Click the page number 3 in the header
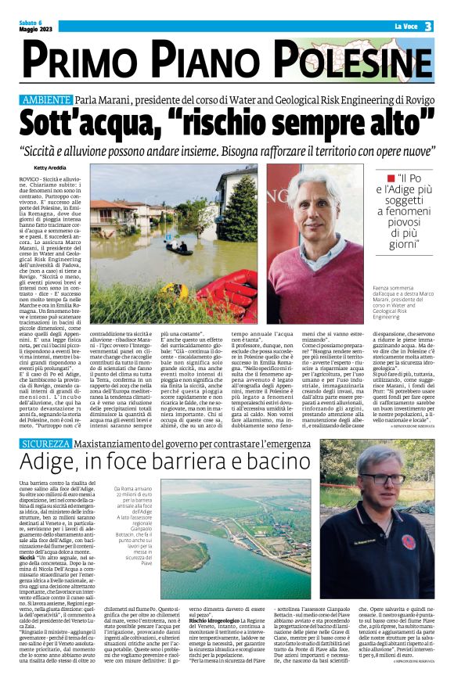430,27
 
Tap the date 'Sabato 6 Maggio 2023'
31,27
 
